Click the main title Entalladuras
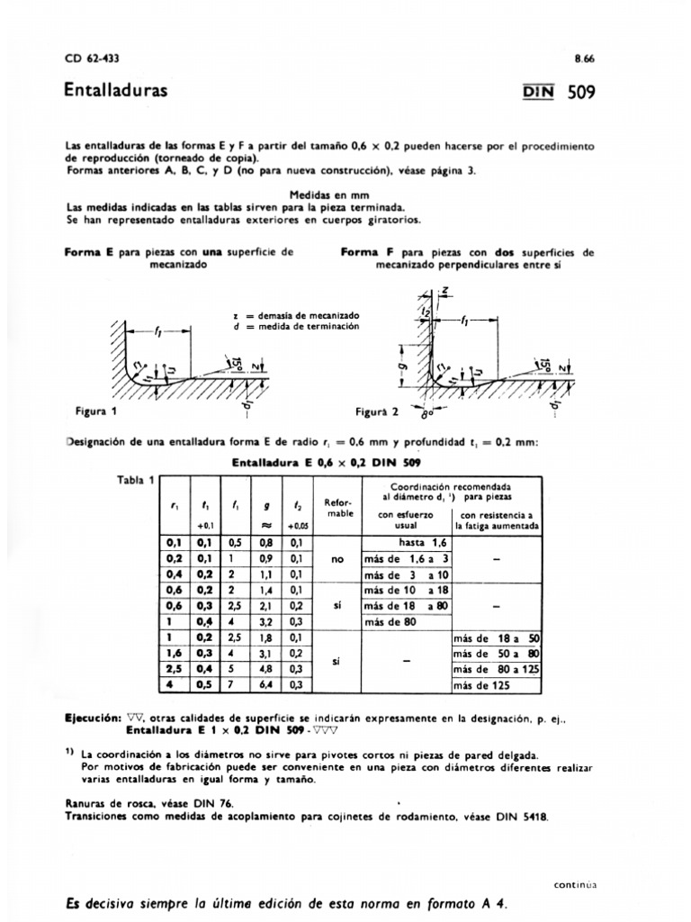(115, 92)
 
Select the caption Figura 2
(378, 411)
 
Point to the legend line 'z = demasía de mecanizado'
(296, 315)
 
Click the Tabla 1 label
(138, 479)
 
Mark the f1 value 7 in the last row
(235, 686)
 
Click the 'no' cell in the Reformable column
(337, 559)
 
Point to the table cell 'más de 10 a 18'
(405, 590)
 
